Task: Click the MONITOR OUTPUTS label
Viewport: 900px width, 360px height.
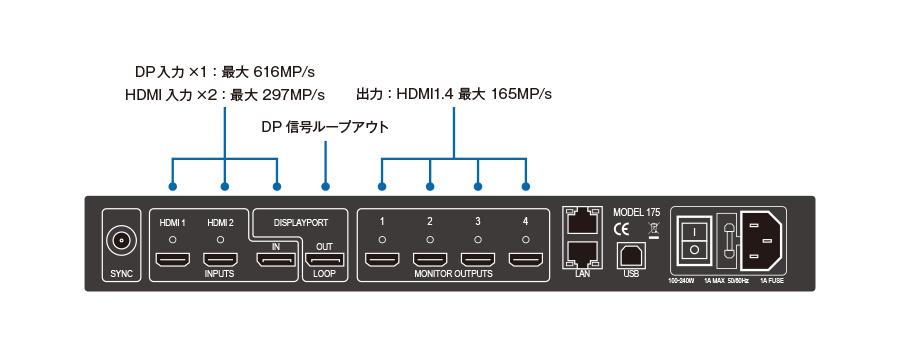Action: point(453,276)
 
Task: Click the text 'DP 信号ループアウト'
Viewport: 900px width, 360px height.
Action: point(324,127)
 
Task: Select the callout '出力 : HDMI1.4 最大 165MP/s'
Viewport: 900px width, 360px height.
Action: point(454,94)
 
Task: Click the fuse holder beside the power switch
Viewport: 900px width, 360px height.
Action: point(727,238)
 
